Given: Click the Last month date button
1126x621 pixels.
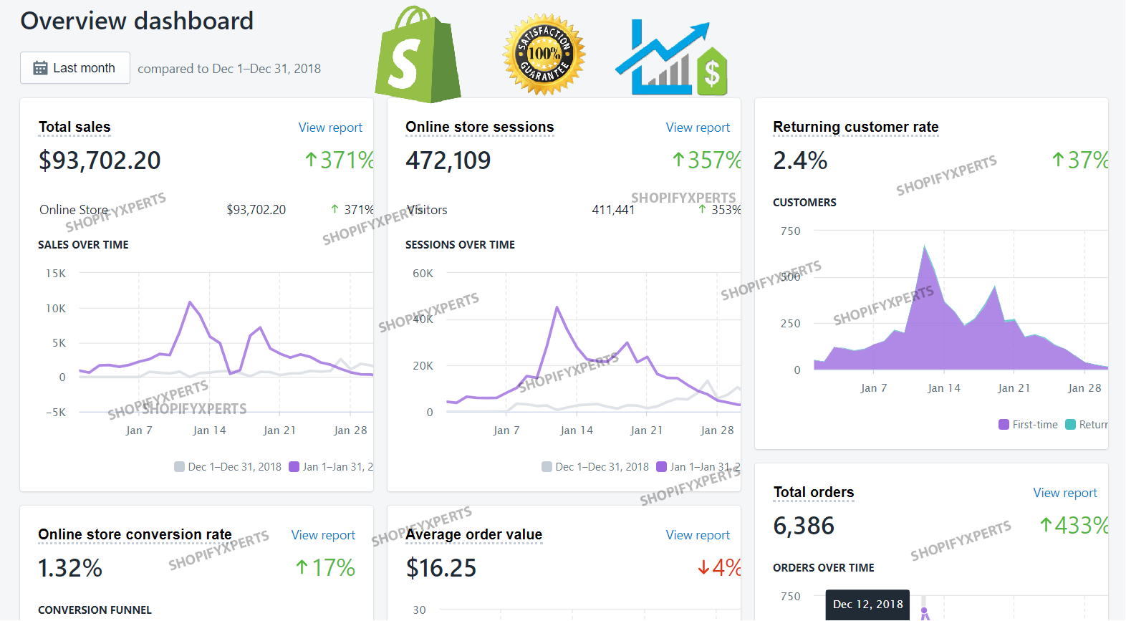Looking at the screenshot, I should tap(74, 68).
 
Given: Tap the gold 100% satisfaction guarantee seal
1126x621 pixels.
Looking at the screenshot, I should tap(544, 54).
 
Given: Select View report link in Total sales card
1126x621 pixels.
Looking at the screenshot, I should tap(330, 127).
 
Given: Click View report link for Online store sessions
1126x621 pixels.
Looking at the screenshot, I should tap(698, 127).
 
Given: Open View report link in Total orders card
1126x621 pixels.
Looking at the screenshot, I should tap(1064, 493).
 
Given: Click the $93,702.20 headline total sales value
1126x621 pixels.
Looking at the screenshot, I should tap(100, 160).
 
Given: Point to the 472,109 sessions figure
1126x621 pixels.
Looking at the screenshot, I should tap(448, 160).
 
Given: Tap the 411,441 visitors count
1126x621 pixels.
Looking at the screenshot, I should tap(613, 210).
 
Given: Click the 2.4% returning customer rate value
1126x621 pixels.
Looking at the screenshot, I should tap(800, 160).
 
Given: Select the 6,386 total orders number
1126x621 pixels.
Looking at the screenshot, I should tap(804, 526).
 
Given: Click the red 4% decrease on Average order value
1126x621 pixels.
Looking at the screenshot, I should tap(720, 568).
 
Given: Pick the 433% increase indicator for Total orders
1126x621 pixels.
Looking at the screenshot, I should tap(1074, 526).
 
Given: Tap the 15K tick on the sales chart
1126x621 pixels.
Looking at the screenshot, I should tap(56, 274).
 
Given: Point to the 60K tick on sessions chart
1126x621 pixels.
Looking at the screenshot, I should tap(423, 274).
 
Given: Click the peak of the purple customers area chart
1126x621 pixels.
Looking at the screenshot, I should tap(925, 249).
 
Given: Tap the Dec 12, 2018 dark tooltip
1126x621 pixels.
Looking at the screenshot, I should tap(867, 605).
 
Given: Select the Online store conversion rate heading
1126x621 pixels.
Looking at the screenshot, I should tap(135, 535).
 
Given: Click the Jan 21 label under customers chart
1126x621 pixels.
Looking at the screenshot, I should tap(1014, 388).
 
